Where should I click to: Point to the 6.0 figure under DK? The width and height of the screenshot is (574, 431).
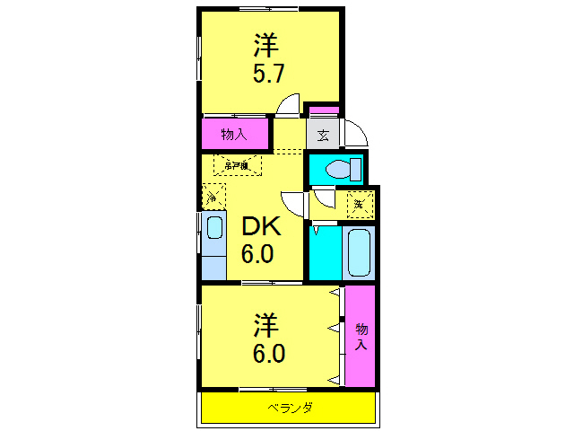pyautogui.click(x=257, y=255)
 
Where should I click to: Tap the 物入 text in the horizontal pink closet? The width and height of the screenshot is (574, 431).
pyautogui.click(x=235, y=135)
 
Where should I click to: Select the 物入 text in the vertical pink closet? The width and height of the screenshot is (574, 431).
pyautogui.click(x=361, y=336)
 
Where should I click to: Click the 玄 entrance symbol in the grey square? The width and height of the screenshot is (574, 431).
pyautogui.click(x=323, y=136)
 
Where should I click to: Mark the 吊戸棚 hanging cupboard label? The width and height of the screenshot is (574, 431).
pyautogui.click(x=238, y=165)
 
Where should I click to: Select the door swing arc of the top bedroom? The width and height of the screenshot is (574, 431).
pyautogui.click(x=288, y=105)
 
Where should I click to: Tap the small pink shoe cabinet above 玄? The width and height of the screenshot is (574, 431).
pyautogui.click(x=324, y=111)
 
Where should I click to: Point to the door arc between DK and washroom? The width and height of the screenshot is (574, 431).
pyautogui.click(x=294, y=203)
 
